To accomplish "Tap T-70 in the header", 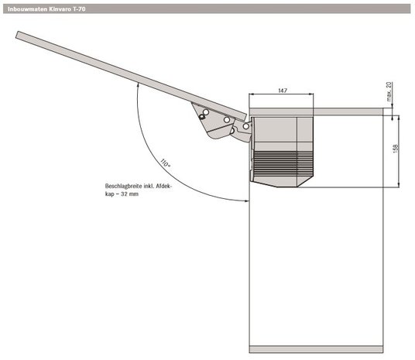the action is coord(79,9).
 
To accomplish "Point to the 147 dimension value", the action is coord(283,91).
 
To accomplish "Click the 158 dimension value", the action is coord(396,149).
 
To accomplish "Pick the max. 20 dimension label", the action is coord(389,91).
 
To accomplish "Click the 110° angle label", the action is coord(166,163).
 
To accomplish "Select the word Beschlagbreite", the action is coord(123,186).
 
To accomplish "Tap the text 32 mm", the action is coord(129,194).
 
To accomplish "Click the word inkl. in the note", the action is coord(149,186).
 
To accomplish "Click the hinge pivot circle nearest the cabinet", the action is coord(246,126).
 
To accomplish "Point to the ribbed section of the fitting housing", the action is coord(283,161).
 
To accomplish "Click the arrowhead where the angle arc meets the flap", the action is coord(138,84).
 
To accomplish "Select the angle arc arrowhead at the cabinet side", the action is coord(247,201).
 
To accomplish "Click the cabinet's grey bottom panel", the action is coord(316,349).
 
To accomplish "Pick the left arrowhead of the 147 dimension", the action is coord(252,94).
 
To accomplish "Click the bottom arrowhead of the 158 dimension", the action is coord(399,185).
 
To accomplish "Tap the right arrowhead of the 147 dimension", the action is coord(311,94).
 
